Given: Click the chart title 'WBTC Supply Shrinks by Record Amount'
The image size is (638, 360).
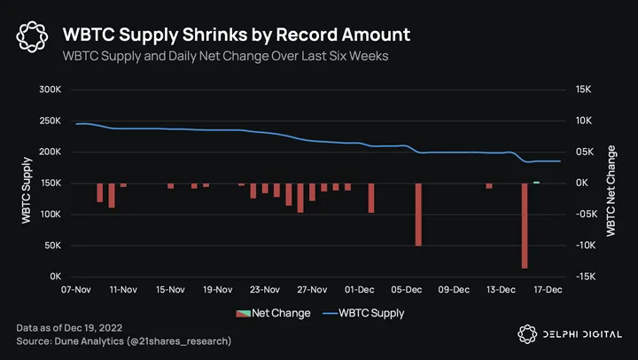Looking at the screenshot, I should click(x=237, y=35).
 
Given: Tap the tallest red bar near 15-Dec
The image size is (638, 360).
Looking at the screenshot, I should click(x=525, y=226).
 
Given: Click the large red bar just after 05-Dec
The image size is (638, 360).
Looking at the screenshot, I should click(x=418, y=215).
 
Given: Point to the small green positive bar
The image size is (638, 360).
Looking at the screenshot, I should click(x=536, y=182).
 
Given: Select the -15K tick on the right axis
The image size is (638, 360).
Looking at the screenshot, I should click(x=585, y=277).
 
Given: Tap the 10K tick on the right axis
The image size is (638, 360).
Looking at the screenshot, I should click(x=585, y=121).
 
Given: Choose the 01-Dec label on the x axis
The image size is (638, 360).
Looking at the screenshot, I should click(x=359, y=289).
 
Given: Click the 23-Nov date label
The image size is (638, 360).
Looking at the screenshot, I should click(x=264, y=289).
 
